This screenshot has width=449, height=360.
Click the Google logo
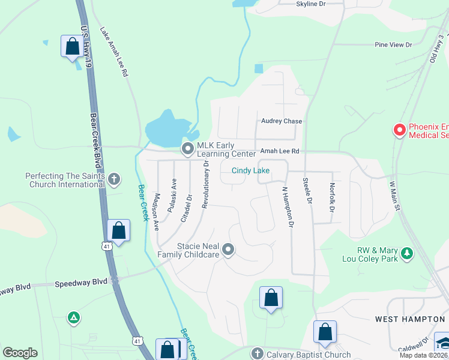(20, 353)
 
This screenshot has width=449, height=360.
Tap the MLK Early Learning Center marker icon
(188, 148)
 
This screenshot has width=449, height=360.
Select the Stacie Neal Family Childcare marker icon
(228, 249)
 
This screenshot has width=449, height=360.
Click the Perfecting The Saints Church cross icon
(114, 179)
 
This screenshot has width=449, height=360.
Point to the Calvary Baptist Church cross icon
(257, 353)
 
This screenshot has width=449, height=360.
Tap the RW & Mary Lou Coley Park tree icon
(408, 253)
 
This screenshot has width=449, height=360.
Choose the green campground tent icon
(73, 317)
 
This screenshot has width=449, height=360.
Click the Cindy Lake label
(251, 171)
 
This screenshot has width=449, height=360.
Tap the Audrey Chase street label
(281, 121)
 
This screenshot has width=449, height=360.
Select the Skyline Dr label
(310, 4)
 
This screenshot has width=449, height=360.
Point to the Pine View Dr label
(393, 45)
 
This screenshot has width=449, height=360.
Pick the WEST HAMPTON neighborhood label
(411, 319)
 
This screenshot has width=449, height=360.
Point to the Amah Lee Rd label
(279, 152)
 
